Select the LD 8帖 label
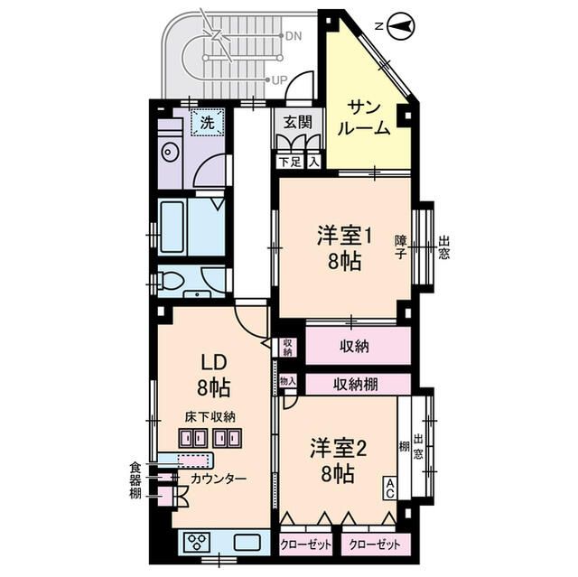click(x=214, y=375)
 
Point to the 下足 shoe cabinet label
click(x=288, y=162)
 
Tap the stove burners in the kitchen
click(x=197, y=542)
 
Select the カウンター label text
click(x=218, y=478)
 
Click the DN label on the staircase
click(x=293, y=37)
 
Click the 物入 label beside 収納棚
click(x=287, y=383)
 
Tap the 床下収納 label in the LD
click(x=210, y=417)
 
